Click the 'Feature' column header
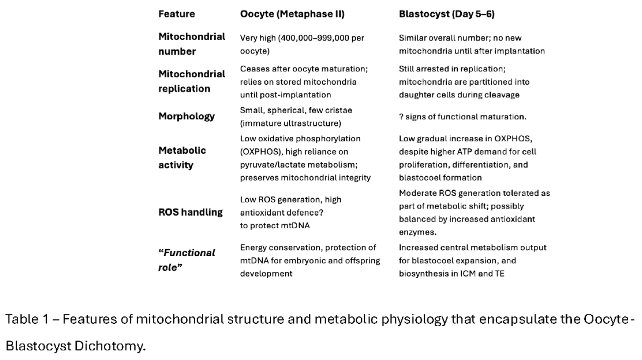pyautogui.click(x=177, y=14)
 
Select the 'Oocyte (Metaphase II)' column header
pyautogui.click(x=292, y=14)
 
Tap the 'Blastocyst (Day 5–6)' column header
pyautogui.click(x=446, y=14)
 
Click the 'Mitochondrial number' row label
pyautogui.click(x=192, y=44)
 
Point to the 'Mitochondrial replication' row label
pyautogui.click(x=192, y=81)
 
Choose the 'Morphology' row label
pyautogui.click(x=186, y=116)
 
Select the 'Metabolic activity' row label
pyautogui.click(x=182, y=157)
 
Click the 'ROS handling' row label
pyautogui.click(x=190, y=212)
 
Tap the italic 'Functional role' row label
pyautogui.click(x=187, y=260)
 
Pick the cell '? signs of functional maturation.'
pyautogui.click(x=462, y=117)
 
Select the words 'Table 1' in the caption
pyautogui.click(x=27, y=319)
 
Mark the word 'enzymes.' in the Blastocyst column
pyautogui.click(x=418, y=232)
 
